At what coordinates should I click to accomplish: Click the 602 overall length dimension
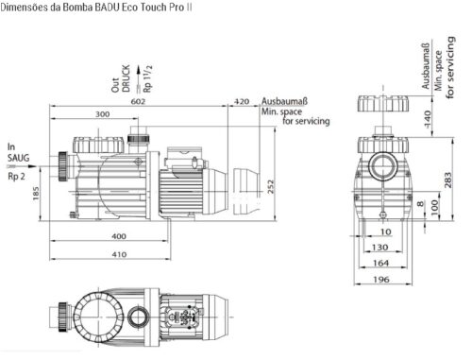[x=138, y=101]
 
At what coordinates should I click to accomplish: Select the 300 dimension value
[x=103, y=114]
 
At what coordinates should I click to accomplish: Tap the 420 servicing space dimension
[x=242, y=101]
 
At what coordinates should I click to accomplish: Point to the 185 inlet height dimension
[x=36, y=194]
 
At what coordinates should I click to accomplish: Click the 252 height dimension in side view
[x=271, y=186]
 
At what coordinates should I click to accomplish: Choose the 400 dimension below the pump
[x=119, y=236]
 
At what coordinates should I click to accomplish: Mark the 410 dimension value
[x=119, y=254]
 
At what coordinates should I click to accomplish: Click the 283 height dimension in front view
[x=447, y=180]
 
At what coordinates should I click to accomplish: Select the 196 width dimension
[x=381, y=279]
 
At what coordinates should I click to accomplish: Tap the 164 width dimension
[x=381, y=263]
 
